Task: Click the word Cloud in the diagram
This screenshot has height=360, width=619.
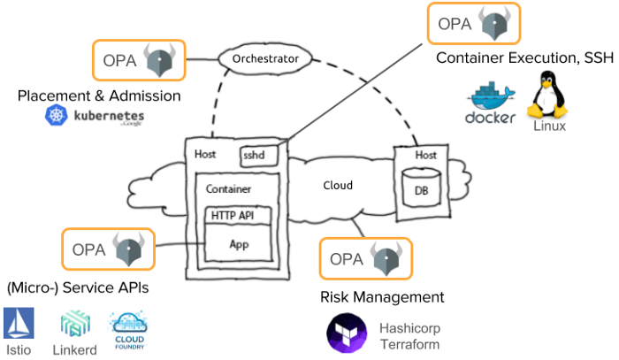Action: pyautogui.click(x=338, y=186)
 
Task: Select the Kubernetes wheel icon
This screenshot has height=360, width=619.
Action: pyautogui.click(x=58, y=116)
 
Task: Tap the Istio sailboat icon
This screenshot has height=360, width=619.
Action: pyautogui.click(x=19, y=325)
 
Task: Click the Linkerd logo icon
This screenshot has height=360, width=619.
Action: pyautogui.click(x=73, y=324)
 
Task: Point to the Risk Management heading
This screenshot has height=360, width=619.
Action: pyautogui.click(x=381, y=297)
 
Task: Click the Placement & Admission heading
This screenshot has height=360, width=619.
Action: pyautogui.click(x=99, y=96)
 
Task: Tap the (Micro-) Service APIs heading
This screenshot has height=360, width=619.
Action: pyautogui.click(x=78, y=288)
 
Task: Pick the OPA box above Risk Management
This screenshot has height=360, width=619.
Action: pyautogui.click(x=364, y=259)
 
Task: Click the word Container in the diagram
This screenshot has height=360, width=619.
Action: pyautogui.click(x=229, y=189)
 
